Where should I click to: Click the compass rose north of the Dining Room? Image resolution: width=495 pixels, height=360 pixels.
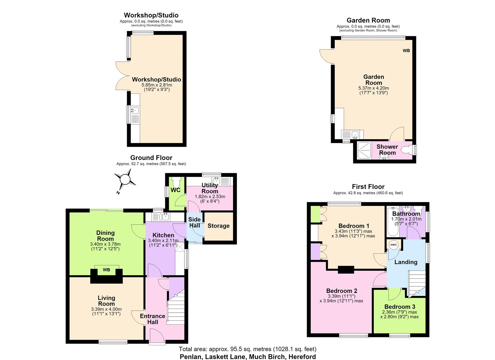(125, 179)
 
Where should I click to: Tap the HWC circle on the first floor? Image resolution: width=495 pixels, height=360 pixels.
(394, 245)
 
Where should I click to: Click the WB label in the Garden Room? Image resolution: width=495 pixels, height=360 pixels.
(406, 51)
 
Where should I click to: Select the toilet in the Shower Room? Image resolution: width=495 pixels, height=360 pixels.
(406, 150)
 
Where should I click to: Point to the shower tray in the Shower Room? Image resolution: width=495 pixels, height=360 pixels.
(364, 150)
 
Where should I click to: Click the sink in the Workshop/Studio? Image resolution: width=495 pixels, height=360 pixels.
(135, 110)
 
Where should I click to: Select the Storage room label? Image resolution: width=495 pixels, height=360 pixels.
(219, 226)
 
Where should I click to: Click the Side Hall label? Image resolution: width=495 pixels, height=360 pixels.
(194, 222)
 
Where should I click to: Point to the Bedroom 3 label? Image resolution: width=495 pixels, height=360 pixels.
(400, 307)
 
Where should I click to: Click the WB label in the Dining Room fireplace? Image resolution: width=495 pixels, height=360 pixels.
(106, 270)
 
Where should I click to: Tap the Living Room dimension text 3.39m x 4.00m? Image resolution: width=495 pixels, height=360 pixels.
(106, 309)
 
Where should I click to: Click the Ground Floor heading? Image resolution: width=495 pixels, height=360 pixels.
(151, 158)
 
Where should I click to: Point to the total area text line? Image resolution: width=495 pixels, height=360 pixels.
(247, 349)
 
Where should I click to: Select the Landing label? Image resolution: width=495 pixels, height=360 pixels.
(406, 262)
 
